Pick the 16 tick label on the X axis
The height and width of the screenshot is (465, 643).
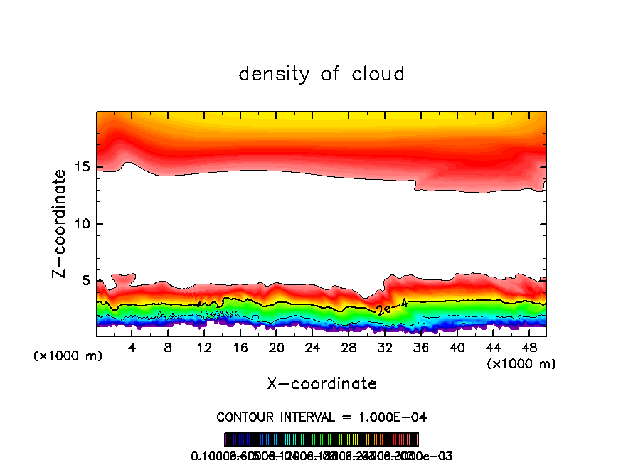pyautogui.click(x=240, y=348)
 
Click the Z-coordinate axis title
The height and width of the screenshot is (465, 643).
pyautogui.click(x=61, y=223)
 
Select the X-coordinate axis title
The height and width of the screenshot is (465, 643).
pyautogui.click(x=321, y=384)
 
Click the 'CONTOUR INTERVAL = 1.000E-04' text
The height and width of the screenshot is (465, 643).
pyautogui.click(x=321, y=417)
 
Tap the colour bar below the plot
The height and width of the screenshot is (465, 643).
pyautogui.click(x=321, y=439)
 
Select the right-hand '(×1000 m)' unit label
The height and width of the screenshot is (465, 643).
pyautogui.click(x=521, y=364)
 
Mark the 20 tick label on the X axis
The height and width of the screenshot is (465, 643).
pyautogui.click(x=276, y=348)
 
